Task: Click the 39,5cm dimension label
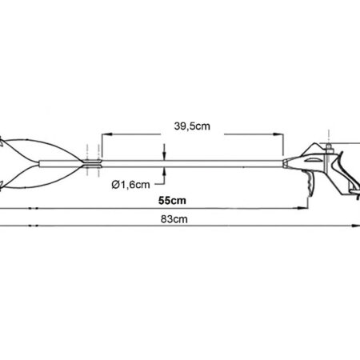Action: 192,126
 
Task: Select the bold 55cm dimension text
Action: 172,201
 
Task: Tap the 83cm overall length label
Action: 174,219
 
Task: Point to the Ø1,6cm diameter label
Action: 130,185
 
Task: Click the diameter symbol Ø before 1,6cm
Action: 115,185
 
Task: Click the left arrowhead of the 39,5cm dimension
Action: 106,134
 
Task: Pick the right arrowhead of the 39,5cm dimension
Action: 278,134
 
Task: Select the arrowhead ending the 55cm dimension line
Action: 303,208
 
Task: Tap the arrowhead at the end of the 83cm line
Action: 356,226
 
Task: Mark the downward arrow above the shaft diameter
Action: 164,154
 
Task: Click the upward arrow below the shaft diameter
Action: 164,174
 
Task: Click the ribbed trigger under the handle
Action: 310,184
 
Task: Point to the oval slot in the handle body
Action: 313,160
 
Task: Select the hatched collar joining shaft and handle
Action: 286,163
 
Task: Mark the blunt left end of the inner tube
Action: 40,164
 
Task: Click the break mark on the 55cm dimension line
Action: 33,208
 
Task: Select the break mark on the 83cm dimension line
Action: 33,226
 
